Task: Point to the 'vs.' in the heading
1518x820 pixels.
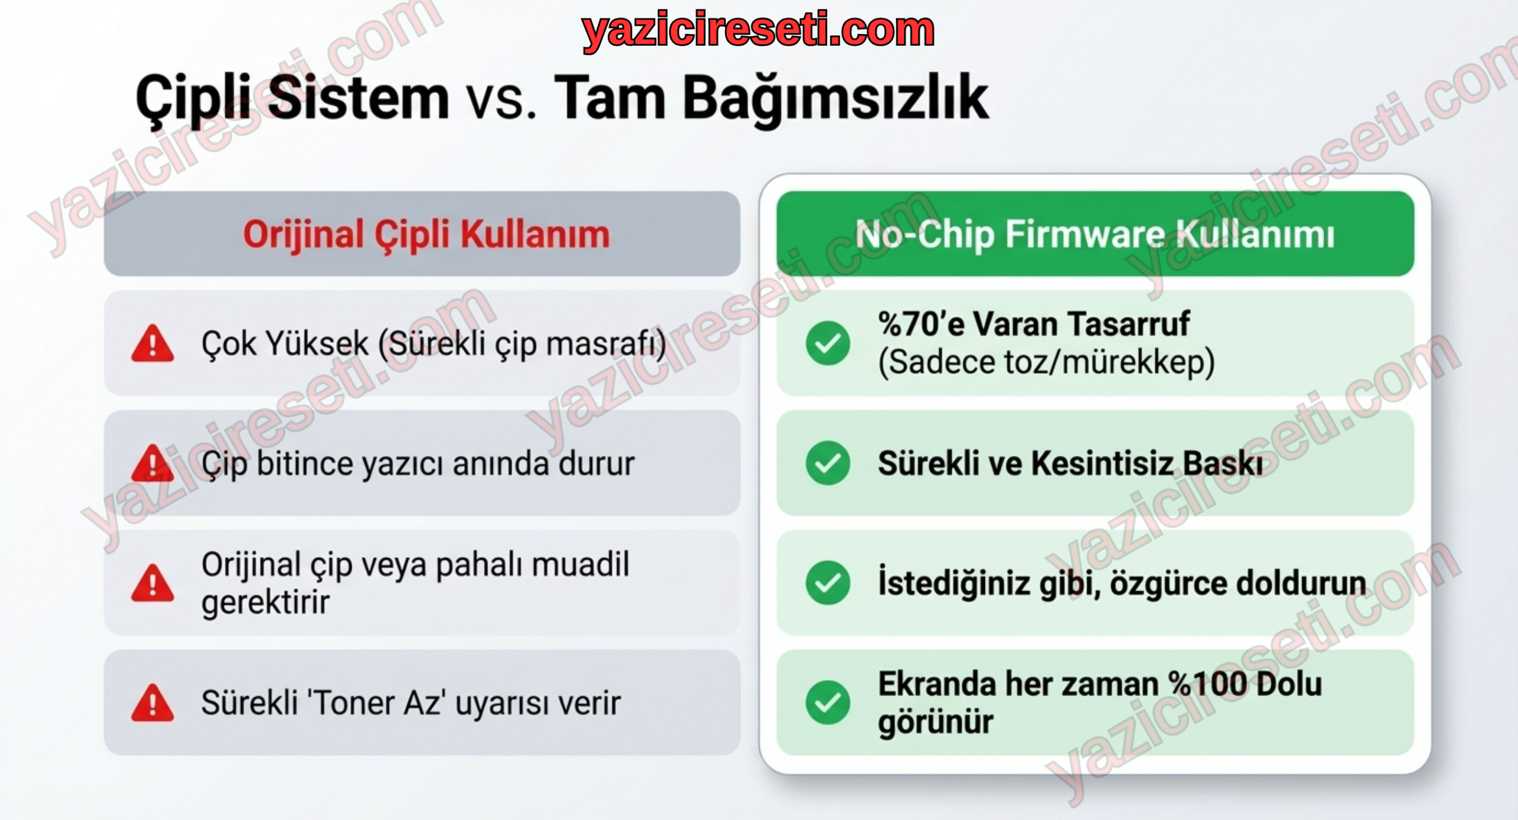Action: tap(501, 102)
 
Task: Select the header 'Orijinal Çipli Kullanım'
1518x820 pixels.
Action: tap(426, 234)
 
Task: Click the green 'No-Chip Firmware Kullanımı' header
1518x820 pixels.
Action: tap(1095, 234)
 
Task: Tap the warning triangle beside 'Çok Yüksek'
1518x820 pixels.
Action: tap(152, 343)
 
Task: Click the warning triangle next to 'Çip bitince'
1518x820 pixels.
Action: tap(152, 463)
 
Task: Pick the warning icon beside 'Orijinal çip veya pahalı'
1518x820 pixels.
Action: tap(152, 583)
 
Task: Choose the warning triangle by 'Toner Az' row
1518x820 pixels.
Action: tap(152, 703)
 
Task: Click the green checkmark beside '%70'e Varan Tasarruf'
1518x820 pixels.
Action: tap(828, 343)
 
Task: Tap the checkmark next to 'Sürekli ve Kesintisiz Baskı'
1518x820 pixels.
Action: tap(828, 463)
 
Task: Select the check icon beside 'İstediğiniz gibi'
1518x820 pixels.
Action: tap(828, 583)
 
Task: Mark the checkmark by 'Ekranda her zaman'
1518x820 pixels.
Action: tap(828, 703)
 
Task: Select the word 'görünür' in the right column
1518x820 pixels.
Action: tap(935, 722)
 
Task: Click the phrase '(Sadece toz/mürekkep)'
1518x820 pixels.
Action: tap(1047, 362)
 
